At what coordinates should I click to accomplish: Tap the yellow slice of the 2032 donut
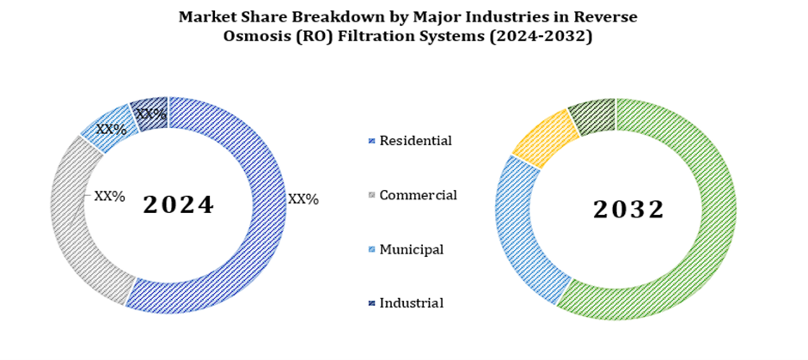point(543,137)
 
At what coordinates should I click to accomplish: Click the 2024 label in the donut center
point(178,205)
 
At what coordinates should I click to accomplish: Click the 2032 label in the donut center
point(628,209)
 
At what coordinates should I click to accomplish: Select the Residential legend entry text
point(415,140)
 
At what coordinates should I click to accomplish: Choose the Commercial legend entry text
point(418,195)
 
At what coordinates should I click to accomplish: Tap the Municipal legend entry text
point(411,249)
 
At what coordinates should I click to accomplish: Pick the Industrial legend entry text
point(411,302)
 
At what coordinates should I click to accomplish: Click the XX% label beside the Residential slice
point(303,199)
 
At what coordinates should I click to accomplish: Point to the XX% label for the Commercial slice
point(109,197)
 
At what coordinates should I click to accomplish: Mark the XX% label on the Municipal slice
point(111,130)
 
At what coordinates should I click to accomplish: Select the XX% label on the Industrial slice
point(151,113)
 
